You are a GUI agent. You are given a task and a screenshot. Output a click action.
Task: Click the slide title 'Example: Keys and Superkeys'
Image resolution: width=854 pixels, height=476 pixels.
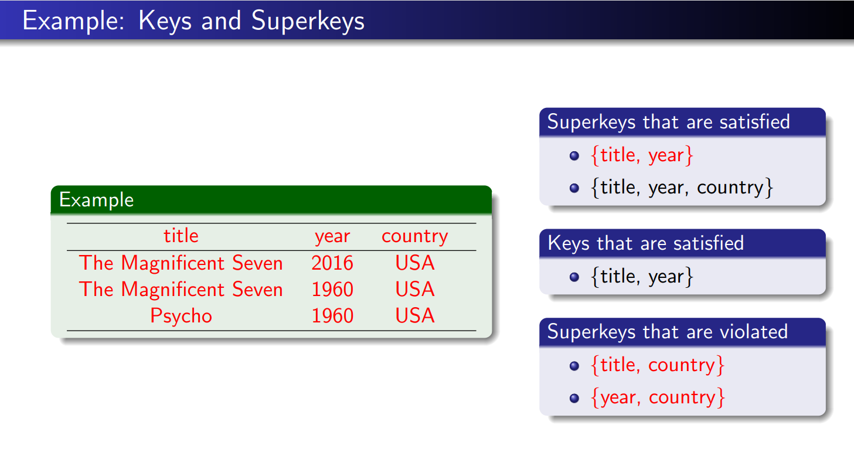tap(193, 21)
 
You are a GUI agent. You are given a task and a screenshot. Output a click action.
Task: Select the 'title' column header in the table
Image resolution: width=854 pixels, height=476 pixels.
tap(181, 236)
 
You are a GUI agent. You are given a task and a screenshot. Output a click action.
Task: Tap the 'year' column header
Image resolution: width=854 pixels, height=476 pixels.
tap(332, 236)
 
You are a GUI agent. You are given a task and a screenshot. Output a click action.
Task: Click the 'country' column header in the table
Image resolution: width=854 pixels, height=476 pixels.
tap(414, 236)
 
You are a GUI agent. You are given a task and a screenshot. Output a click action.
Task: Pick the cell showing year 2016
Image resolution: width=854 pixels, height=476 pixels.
tap(332, 263)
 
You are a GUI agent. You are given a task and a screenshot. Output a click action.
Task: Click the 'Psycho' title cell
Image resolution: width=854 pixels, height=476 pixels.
tap(181, 316)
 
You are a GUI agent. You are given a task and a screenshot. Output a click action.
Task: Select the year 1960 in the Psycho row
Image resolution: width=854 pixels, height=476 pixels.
tap(332, 316)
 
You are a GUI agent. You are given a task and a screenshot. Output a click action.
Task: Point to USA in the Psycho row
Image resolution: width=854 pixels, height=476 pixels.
tap(415, 316)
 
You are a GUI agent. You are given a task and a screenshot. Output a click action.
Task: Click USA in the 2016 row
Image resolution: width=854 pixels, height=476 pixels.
tap(415, 263)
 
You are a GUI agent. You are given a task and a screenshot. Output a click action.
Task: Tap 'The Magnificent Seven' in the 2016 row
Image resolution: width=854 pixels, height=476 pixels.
tap(181, 263)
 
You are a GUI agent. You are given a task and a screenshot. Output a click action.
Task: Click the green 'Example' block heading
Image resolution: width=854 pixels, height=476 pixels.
tap(97, 200)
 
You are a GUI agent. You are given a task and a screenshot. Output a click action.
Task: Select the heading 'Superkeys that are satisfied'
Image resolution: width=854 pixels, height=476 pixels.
tap(668, 122)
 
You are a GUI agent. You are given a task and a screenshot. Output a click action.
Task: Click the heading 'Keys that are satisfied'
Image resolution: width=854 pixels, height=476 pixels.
tap(645, 243)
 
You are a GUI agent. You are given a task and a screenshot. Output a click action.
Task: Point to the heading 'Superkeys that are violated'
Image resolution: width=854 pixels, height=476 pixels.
tap(667, 332)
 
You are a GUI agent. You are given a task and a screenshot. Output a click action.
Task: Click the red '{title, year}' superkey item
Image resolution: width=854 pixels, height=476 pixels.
tap(642, 155)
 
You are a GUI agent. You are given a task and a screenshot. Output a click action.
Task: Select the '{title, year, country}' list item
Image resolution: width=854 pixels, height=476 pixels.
tap(683, 188)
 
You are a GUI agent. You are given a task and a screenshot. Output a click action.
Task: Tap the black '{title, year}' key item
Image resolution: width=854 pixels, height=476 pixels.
tap(642, 276)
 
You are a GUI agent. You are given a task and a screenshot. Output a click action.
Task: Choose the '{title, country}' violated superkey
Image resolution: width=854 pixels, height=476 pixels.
tap(658, 365)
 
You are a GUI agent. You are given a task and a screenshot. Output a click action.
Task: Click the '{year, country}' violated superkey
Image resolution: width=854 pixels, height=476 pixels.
tap(658, 397)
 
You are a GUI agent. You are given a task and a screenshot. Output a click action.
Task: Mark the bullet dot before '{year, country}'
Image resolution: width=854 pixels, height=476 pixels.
tap(574, 398)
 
